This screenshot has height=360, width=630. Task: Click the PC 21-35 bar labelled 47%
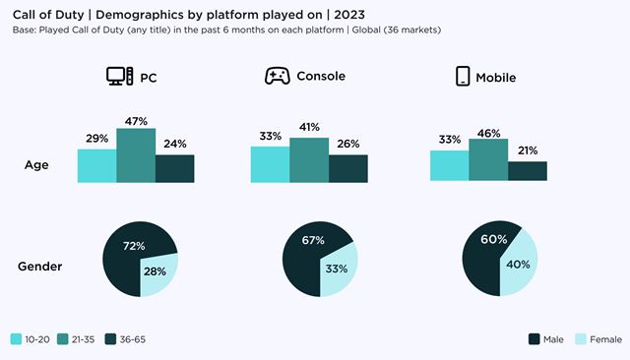coord(135,155)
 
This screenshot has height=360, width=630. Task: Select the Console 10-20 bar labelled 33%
coord(270,164)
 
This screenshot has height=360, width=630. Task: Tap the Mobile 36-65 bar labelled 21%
coord(527,171)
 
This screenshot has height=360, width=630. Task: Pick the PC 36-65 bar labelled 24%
coord(174,168)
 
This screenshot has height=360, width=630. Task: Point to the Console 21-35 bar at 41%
coord(308,159)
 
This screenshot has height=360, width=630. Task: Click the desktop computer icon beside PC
coord(120,76)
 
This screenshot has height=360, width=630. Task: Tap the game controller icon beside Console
coord(276,76)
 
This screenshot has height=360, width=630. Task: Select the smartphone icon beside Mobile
coord(462,76)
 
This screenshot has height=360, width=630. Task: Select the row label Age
coord(36,165)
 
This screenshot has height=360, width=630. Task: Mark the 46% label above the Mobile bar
coord(488,132)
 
